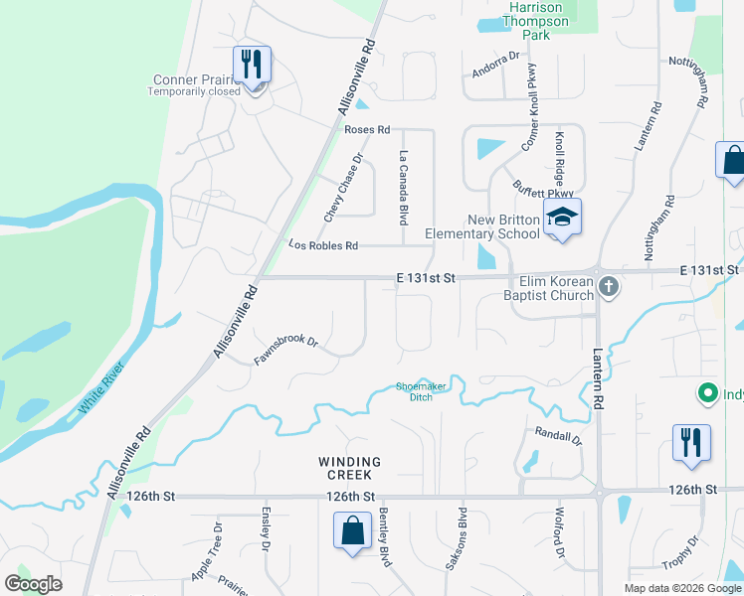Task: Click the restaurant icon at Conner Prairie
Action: [x=252, y=67]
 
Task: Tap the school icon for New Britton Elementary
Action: [x=563, y=219]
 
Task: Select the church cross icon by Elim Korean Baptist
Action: [x=610, y=287]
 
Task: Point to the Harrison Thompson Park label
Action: [x=536, y=21]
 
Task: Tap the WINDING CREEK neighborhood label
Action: [x=349, y=469]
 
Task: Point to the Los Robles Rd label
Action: [x=323, y=244]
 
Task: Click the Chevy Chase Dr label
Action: [x=343, y=188]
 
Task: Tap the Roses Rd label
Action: [x=367, y=129]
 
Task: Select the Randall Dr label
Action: [x=557, y=435]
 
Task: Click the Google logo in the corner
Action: [x=34, y=584]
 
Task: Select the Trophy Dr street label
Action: [x=680, y=553]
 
